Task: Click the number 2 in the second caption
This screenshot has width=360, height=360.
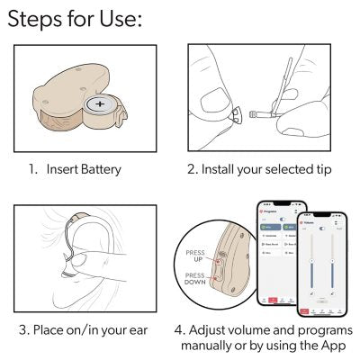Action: pos(191,168)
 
